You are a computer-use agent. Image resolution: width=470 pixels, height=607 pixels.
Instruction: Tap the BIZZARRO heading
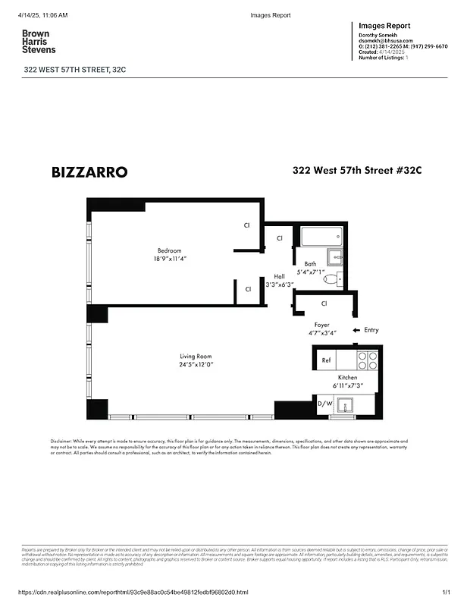click(89, 172)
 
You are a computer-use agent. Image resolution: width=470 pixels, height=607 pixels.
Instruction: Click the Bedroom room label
click(170, 250)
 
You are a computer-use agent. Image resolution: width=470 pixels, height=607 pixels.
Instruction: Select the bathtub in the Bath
click(321, 237)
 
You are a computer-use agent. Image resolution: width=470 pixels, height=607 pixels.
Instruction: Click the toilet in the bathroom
click(331, 278)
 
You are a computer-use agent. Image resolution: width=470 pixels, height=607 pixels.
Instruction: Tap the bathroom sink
click(335, 256)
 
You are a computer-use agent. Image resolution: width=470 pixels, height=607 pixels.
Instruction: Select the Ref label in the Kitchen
click(326, 360)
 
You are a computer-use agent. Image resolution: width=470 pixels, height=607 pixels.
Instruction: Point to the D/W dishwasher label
click(324, 404)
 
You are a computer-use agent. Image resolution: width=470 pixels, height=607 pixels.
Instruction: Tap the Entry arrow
click(356, 330)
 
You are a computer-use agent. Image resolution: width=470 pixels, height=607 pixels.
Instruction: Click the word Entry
click(371, 330)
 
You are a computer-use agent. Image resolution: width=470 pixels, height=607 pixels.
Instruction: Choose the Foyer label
click(322, 324)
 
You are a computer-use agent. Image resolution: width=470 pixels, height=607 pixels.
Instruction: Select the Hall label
click(279, 276)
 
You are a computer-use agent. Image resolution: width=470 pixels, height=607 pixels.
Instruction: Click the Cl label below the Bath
click(324, 303)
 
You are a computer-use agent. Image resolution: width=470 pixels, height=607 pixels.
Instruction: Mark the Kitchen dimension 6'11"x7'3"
click(347, 386)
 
